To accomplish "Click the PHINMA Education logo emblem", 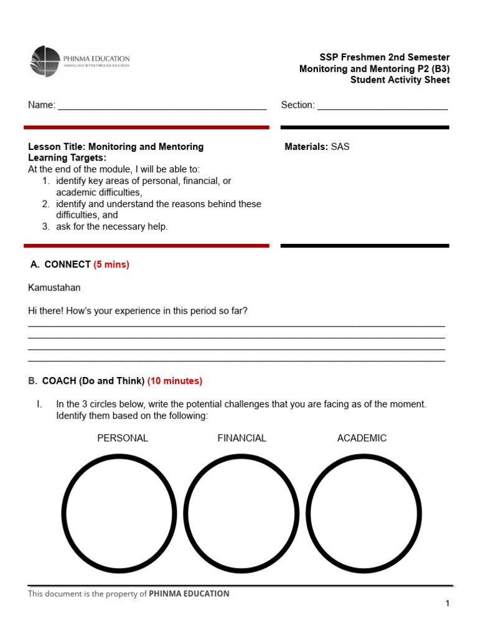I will coord(45,61).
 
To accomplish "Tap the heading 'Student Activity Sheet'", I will coord(400,80).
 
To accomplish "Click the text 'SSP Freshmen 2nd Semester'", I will coord(384,57).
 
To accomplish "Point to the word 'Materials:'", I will coord(306,147).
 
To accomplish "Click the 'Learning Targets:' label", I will coord(67,158).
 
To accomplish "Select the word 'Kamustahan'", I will coord(54,287).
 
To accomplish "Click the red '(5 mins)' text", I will coord(111,264).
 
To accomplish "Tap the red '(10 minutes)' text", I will coord(175,381).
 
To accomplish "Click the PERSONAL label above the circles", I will coord(123,438).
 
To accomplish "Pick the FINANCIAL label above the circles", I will coord(241,438).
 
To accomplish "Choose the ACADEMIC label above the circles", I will coord(362,438).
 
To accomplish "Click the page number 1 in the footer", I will coord(447,603).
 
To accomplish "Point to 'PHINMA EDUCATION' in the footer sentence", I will coord(189,593).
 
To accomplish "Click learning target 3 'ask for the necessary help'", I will coord(111,226).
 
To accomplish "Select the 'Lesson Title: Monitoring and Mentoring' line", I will coord(116,147).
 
